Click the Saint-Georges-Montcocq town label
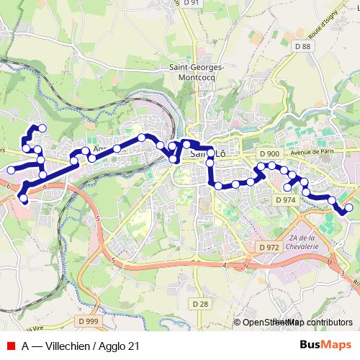point(197,73)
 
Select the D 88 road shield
point(302,47)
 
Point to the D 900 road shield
point(270,153)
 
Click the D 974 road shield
point(285,199)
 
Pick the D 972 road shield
point(268,247)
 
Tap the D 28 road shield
point(201,304)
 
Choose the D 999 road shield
point(88,320)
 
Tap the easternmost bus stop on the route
point(349,208)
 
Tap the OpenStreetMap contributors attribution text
point(297,323)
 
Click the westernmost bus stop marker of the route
point(11,170)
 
